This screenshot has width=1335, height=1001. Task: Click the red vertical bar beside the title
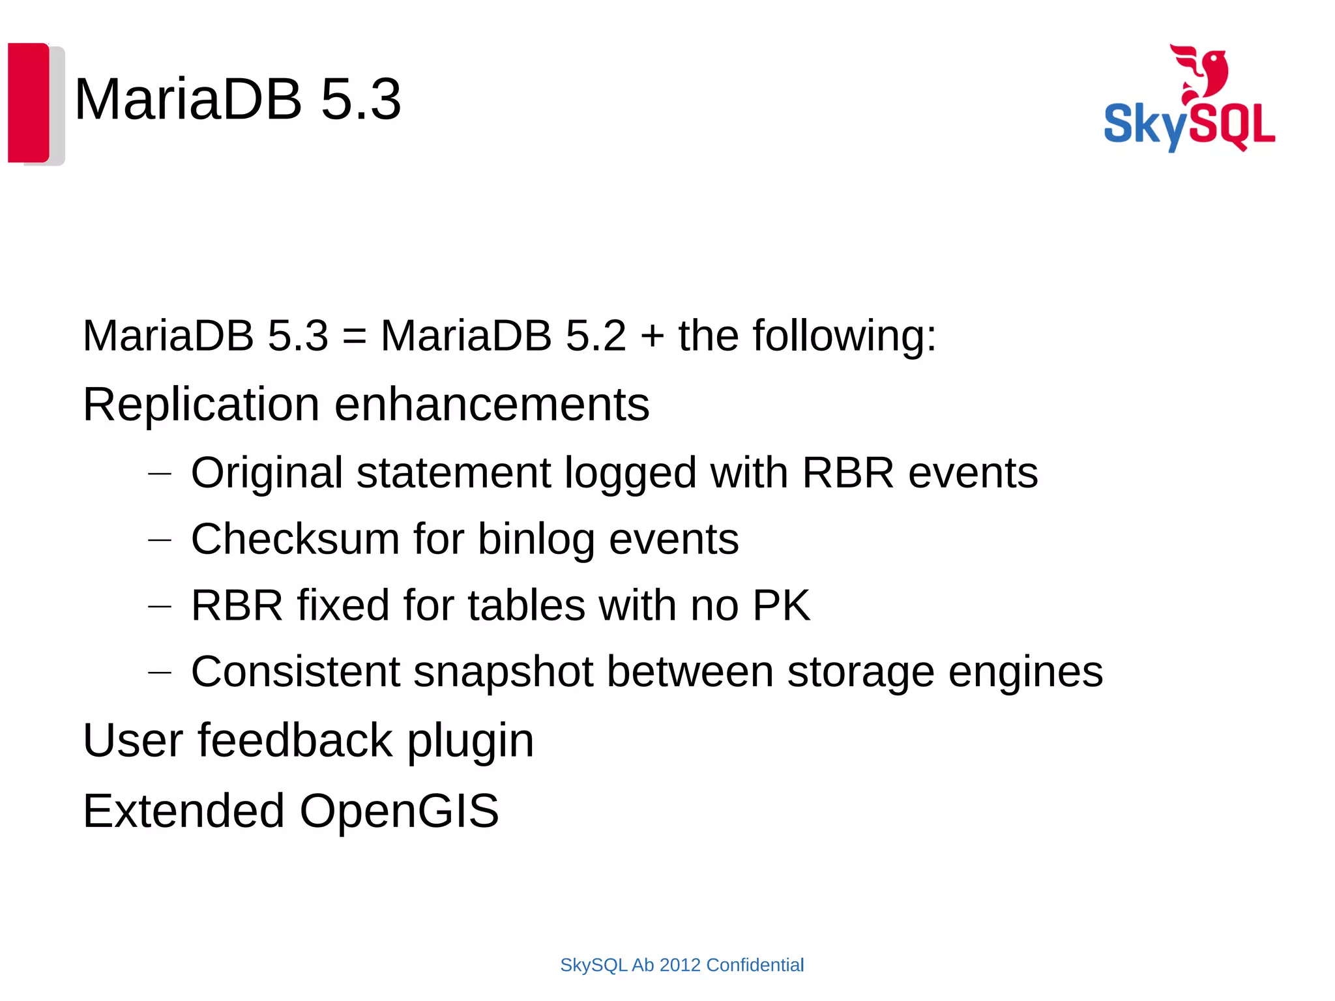(28, 102)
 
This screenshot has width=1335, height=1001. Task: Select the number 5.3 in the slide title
(360, 100)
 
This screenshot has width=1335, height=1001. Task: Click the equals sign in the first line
(354, 336)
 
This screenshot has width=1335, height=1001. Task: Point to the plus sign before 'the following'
(652, 336)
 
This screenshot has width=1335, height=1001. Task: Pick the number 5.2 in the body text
(595, 336)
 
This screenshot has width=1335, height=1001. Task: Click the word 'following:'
(844, 336)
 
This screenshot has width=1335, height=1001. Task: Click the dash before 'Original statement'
(160, 473)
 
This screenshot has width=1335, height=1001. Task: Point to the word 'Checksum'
(295, 540)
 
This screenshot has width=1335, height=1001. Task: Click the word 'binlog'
(536, 540)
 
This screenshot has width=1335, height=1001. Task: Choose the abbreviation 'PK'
(781, 605)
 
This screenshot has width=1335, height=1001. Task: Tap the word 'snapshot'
(503, 672)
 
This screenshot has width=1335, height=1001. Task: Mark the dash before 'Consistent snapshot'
(160, 672)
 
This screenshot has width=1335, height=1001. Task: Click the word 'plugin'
(470, 742)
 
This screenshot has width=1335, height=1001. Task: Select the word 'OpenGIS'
(399, 811)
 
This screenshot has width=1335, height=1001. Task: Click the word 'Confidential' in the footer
(755, 965)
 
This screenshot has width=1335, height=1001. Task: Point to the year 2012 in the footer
(680, 965)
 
